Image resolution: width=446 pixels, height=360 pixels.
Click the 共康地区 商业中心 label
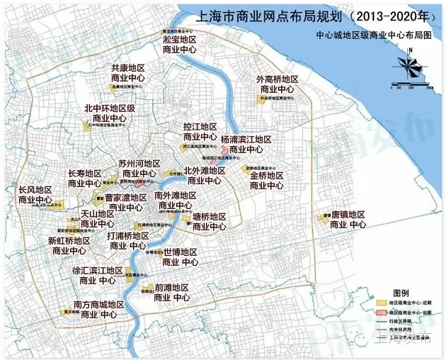(130, 74)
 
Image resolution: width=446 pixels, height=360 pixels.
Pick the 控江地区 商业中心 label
(200, 132)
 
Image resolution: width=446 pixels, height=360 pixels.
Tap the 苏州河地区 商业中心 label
(139, 168)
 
